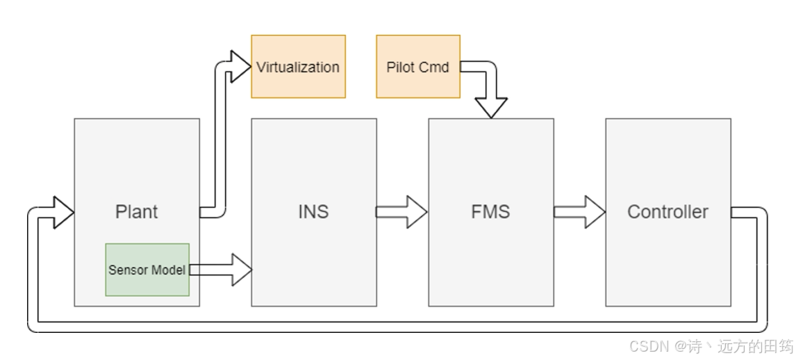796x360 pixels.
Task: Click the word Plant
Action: click(136, 212)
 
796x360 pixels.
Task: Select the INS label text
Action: click(313, 212)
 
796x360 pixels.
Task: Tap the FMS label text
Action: click(490, 212)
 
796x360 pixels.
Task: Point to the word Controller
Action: click(668, 212)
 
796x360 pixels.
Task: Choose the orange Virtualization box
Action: click(298, 67)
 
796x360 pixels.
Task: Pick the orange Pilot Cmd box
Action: click(417, 67)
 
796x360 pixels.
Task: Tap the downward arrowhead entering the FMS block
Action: click(491, 107)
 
